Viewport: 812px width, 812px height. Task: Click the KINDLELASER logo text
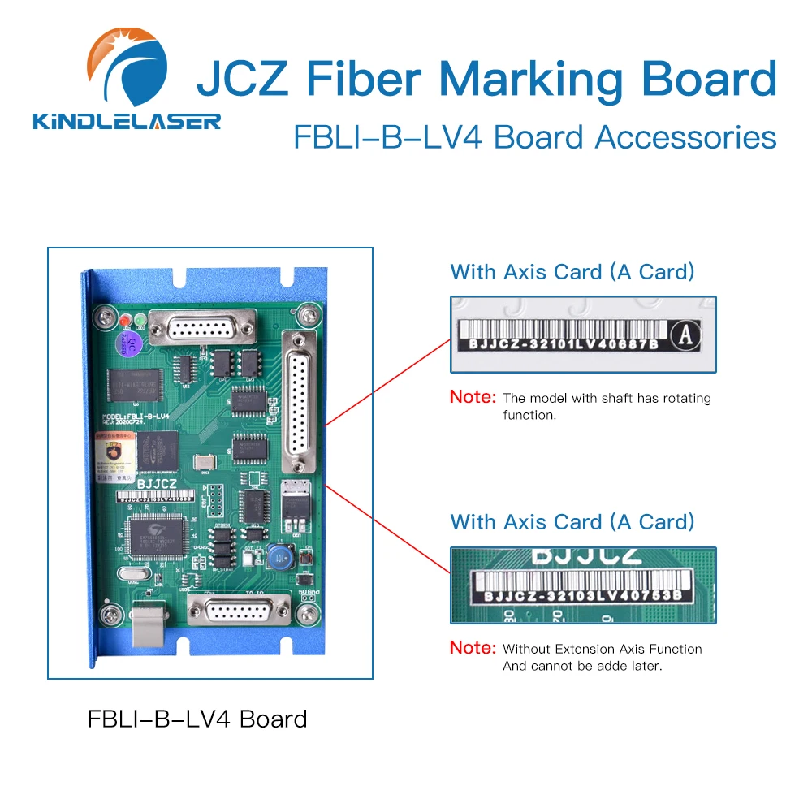(x=127, y=122)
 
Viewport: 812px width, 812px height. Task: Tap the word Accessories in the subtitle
(x=686, y=137)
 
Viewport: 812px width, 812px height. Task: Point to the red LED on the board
(x=125, y=321)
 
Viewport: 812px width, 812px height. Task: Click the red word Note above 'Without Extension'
(x=472, y=648)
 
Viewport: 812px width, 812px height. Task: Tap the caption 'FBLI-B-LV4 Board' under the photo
(x=197, y=719)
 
